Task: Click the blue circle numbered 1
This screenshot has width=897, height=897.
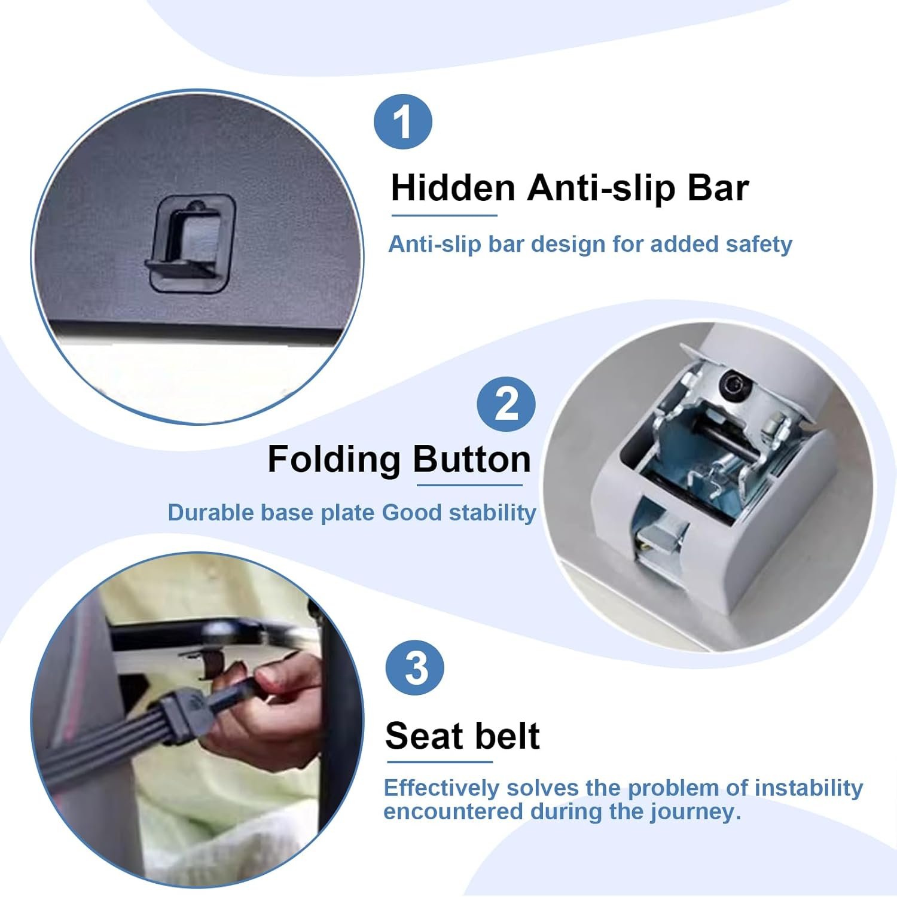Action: [403, 121]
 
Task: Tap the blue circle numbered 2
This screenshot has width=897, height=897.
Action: [506, 405]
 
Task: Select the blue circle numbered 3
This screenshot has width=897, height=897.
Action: [415, 667]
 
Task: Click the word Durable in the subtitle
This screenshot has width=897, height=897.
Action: [210, 512]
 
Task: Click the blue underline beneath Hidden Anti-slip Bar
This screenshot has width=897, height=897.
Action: [444, 215]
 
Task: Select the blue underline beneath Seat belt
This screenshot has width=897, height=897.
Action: [440, 762]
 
